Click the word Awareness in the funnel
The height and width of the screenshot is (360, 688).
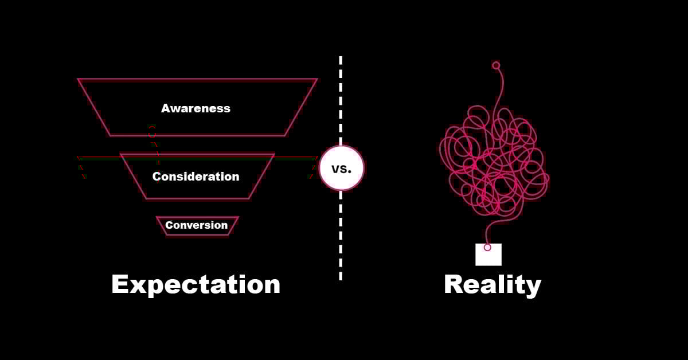[x=196, y=108]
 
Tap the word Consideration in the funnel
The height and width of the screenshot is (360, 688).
[x=196, y=177]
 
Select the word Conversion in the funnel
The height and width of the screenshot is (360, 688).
[x=197, y=225]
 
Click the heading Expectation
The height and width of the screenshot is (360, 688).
[x=196, y=284]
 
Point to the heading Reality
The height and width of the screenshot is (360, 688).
[x=492, y=285]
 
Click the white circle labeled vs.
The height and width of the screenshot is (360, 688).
[x=341, y=168]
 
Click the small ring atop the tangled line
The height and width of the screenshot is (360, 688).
[x=496, y=65]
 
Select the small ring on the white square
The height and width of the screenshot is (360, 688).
[x=487, y=248]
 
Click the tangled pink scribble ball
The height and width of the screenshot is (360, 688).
[x=493, y=161]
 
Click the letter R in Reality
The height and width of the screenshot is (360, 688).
[x=454, y=285]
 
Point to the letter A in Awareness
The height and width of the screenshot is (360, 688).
[x=166, y=108]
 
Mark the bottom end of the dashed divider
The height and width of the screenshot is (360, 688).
[x=341, y=278]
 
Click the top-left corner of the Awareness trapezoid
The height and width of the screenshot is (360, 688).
[x=79, y=80]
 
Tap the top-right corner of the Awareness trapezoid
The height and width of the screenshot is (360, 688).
[x=316, y=80]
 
